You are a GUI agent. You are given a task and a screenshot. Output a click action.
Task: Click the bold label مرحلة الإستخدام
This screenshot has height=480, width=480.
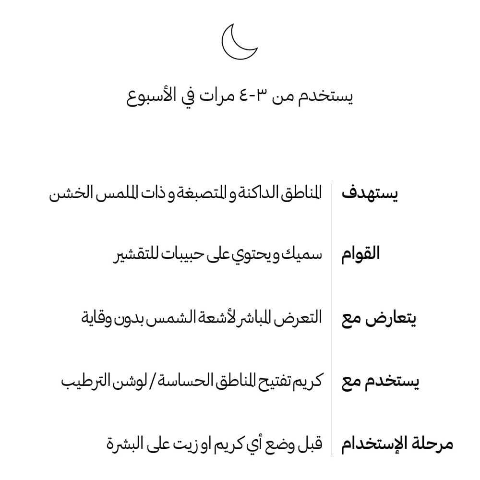pyautogui.click(x=397, y=444)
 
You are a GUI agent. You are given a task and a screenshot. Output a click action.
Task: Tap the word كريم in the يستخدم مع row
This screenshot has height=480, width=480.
pyautogui.click(x=307, y=382)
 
